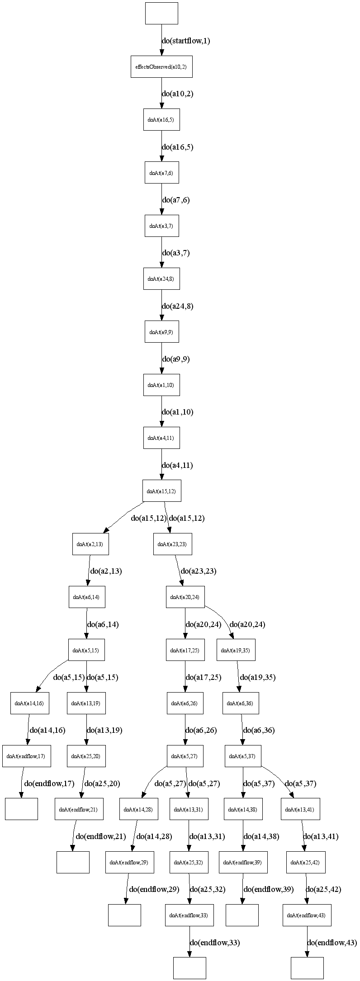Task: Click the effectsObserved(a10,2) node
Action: (x=161, y=67)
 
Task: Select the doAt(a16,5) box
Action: (x=161, y=120)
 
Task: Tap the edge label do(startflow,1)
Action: (x=186, y=41)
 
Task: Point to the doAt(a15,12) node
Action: (x=161, y=491)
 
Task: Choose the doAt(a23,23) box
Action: (x=172, y=544)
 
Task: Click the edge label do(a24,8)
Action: (x=178, y=306)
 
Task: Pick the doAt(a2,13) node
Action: (x=90, y=544)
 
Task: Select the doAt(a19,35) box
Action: (x=236, y=650)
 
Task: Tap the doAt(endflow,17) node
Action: (x=26, y=756)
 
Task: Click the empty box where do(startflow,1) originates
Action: (x=161, y=13)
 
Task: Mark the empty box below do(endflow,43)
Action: (x=307, y=968)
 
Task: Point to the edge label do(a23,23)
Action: (x=198, y=571)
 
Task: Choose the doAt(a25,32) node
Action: (x=189, y=863)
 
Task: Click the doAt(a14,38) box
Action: (x=243, y=809)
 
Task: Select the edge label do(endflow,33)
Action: (x=214, y=943)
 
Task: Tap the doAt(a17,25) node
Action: (x=185, y=650)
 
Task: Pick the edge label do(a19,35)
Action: (x=257, y=677)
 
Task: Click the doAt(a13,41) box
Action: (x=301, y=809)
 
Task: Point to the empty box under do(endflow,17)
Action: (x=21, y=809)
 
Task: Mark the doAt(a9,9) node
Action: (x=161, y=332)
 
